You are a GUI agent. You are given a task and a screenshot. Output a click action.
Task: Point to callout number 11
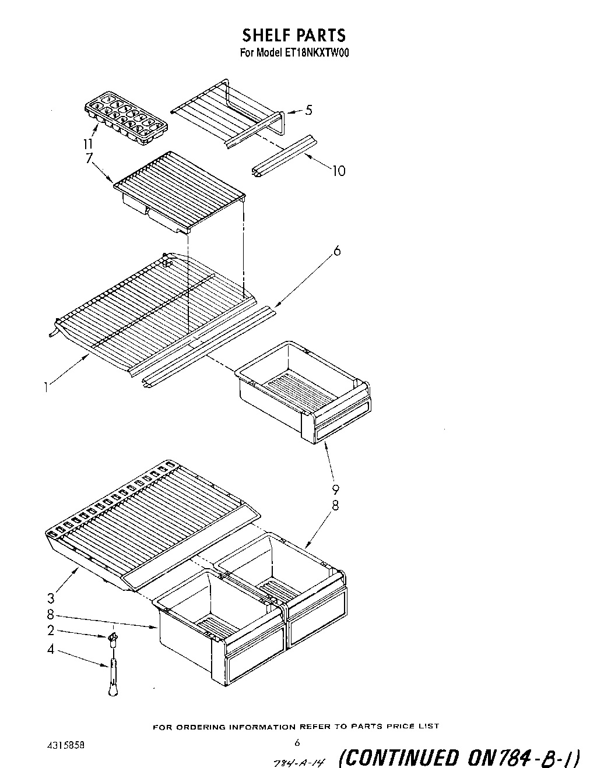pyautogui.click(x=88, y=144)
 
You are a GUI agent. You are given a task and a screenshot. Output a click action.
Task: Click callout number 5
pyautogui.click(x=308, y=110)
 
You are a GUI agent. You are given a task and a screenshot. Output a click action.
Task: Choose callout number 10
pyautogui.click(x=338, y=171)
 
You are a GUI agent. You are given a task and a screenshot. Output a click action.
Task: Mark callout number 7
pyautogui.click(x=89, y=158)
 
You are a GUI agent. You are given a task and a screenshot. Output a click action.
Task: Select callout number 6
pyautogui.click(x=336, y=251)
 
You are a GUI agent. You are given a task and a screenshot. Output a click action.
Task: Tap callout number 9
pyautogui.click(x=335, y=490)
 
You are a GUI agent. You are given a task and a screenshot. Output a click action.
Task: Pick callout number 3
pyautogui.click(x=51, y=597)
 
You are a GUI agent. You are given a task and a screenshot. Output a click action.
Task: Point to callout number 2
pyautogui.click(x=51, y=630)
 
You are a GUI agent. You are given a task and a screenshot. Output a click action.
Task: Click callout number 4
pyautogui.click(x=51, y=649)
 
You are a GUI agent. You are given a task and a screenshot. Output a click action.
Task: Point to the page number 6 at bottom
pyautogui.click(x=297, y=742)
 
